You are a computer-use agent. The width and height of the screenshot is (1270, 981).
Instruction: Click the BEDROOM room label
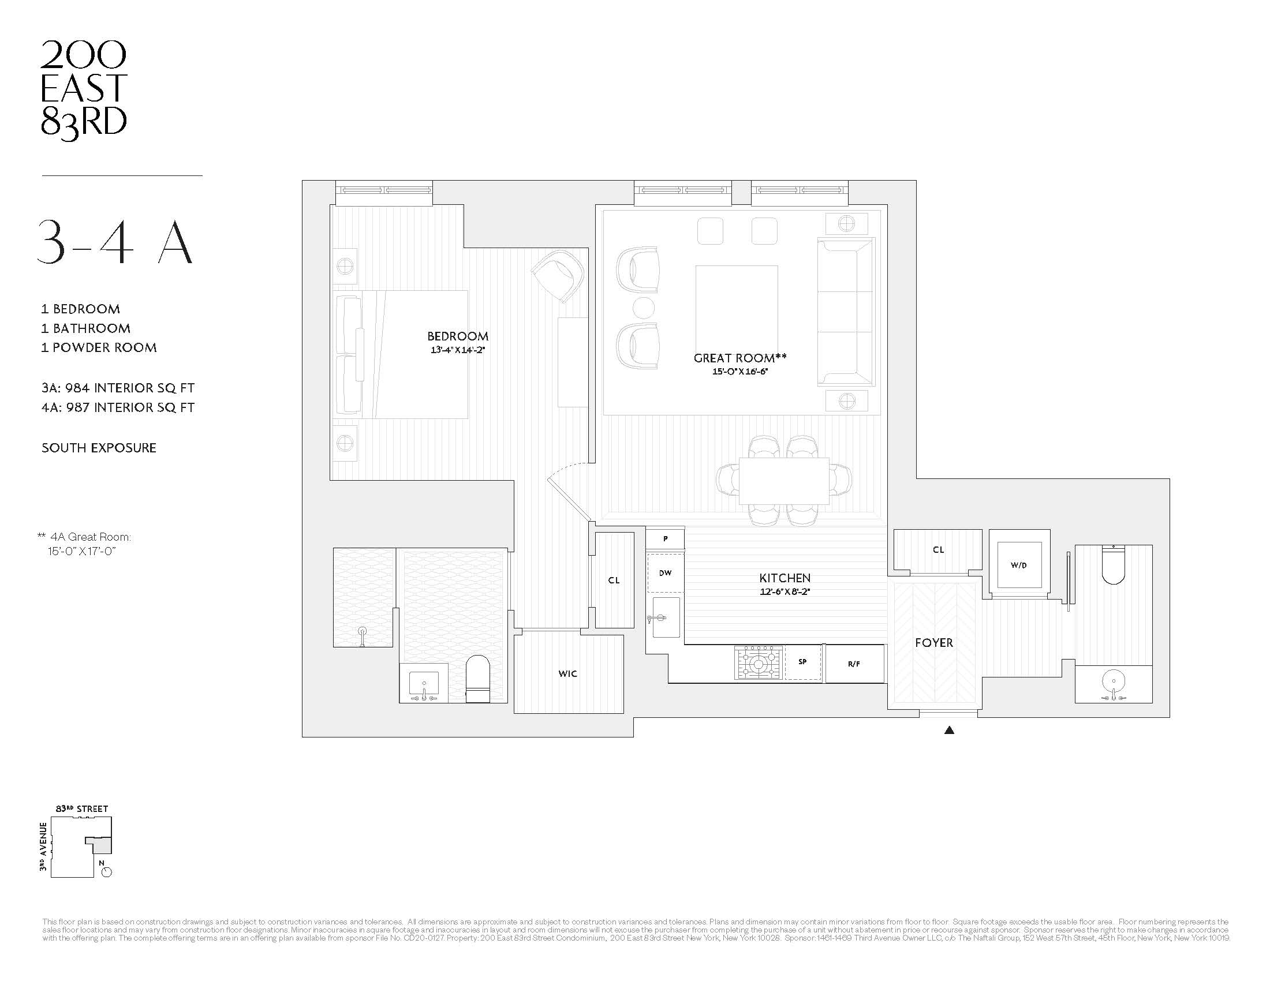tap(457, 336)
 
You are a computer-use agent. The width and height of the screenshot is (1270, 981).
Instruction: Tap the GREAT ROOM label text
tap(739, 358)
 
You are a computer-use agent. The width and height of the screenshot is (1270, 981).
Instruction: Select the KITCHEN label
tap(785, 578)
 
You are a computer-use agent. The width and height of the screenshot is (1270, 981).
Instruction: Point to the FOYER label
tap(933, 642)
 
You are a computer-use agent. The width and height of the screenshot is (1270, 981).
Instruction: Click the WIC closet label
tap(567, 673)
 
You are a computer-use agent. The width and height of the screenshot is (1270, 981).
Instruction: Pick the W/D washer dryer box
tap(1018, 565)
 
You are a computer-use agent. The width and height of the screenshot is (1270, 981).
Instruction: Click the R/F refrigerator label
tap(853, 664)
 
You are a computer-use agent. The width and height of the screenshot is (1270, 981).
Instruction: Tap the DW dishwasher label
tap(664, 573)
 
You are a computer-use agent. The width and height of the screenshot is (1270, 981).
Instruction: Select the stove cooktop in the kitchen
tap(759, 662)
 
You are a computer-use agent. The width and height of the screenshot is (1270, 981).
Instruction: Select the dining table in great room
tap(784, 481)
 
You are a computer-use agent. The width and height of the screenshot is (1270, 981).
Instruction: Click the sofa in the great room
tap(846, 312)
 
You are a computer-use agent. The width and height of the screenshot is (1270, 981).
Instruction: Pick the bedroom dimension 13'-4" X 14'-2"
tap(457, 350)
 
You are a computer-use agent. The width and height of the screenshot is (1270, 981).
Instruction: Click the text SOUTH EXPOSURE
tap(99, 448)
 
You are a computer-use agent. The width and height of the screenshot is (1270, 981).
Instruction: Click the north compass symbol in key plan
tap(106, 872)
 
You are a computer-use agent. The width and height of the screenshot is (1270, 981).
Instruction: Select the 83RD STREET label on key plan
tap(82, 808)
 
